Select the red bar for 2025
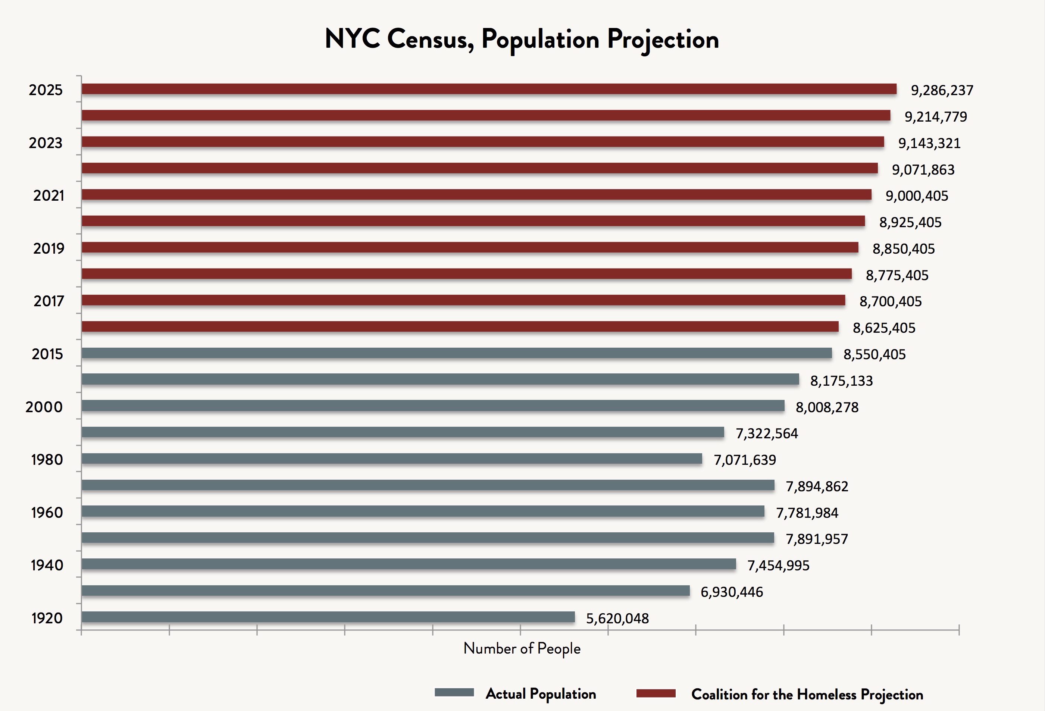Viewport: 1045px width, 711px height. pyautogui.click(x=489, y=89)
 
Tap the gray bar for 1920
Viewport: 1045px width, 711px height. pyautogui.click(x=328, y=617)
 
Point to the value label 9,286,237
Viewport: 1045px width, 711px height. pyautogui.click(x=942, y=90)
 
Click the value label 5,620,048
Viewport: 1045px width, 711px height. pyautogui.click(x=617, y=618)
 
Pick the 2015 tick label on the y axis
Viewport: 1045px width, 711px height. pyautogui.click(x=47, y=354)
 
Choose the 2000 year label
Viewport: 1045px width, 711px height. pyautogui.click(x=44, y=407)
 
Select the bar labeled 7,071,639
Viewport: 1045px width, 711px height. pyautogui.click(x=392, y=459)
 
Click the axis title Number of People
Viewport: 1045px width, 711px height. pyautogui.click(x=522, y=648)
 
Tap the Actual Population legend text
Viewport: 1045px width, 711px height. pyautogui.click(x=541, y=693)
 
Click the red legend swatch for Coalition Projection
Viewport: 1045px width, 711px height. pyautogui.click(x=656, y=693)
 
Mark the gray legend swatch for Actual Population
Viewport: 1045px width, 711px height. pyautogui.click(x=454, y=693)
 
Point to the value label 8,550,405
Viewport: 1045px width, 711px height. pyautogui.click(x=874, y=354)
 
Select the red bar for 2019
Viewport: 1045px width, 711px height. pyautogui.click(x=470, y=247)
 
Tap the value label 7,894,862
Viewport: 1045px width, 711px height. pyautogui.click(x=817, y=486)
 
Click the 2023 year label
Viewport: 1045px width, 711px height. pyautogui.click(x=46, y=143)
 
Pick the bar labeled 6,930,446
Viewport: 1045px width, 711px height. pyautogui.click(x=385, y=591)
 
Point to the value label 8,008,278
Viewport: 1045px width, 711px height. pyautogui.click(x=827, y=407)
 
